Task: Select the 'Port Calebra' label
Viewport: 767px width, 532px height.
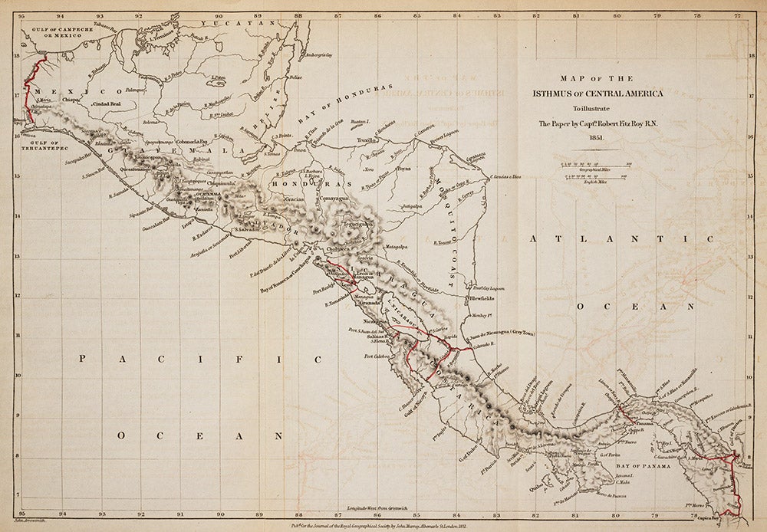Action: click(379, 356)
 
